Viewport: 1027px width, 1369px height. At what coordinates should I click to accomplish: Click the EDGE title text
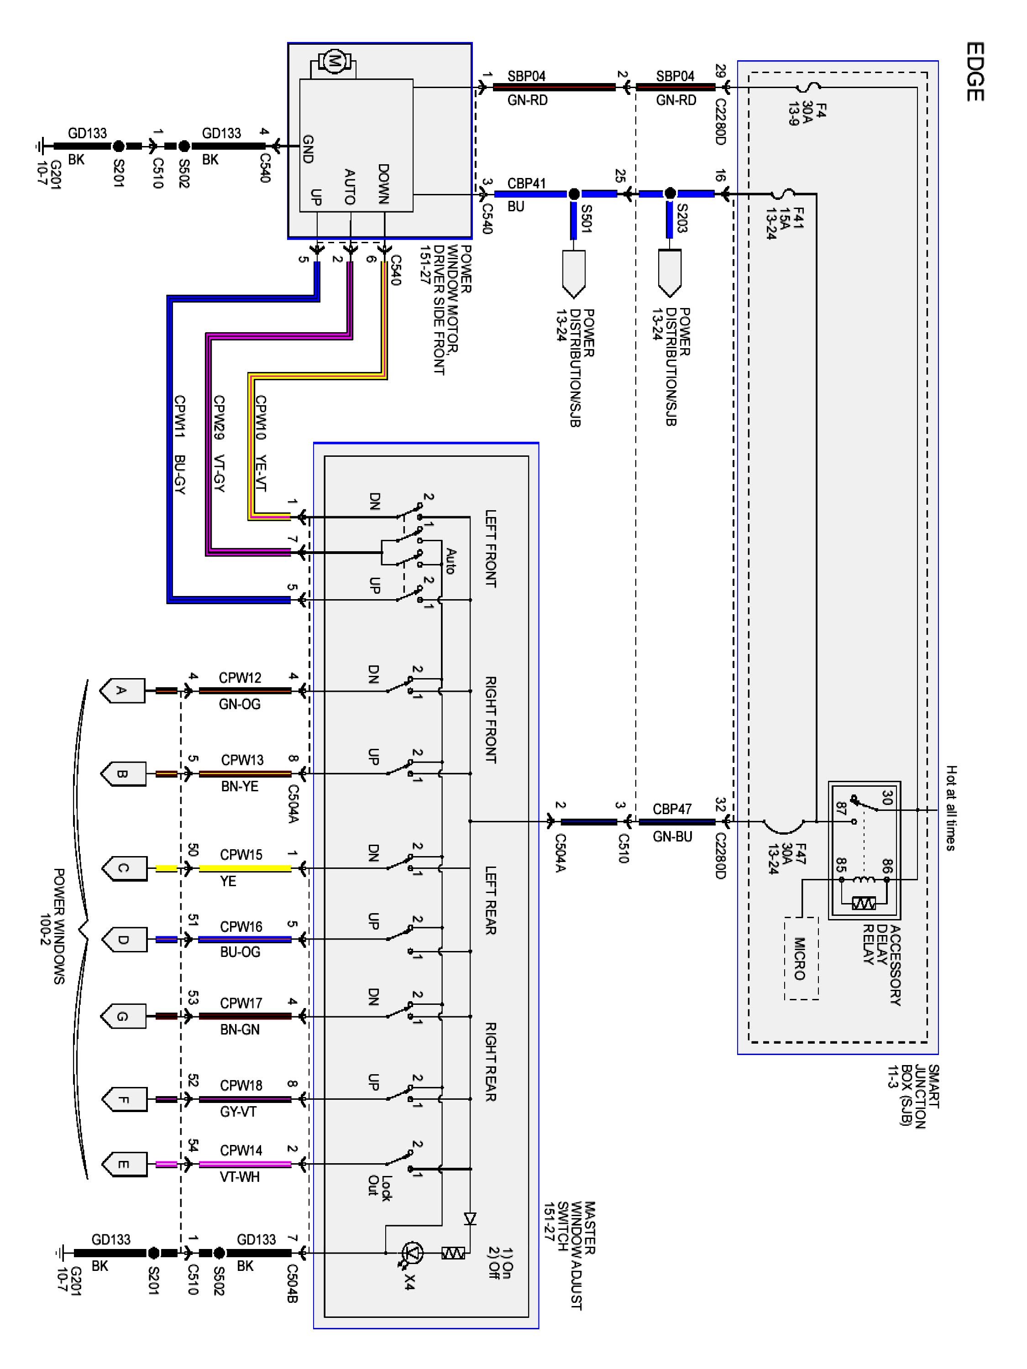pos(975,71)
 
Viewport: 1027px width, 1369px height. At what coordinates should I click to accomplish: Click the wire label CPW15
pos(241,855)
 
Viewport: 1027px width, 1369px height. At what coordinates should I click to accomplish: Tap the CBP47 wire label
pos(672,810)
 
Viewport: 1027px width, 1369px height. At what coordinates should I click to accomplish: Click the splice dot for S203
pos(669,194)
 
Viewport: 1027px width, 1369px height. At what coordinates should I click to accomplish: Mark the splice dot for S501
pos(574,194)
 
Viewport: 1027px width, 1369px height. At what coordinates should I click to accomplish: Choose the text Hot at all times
pos(951,808)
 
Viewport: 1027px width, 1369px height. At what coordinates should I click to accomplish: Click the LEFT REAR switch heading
pos(490,900)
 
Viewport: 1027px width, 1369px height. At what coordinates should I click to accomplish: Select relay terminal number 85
pos(841,865)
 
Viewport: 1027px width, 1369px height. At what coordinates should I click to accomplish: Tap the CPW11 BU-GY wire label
pos(179,444)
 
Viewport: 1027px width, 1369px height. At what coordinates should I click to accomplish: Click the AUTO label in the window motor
pos(350,187)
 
